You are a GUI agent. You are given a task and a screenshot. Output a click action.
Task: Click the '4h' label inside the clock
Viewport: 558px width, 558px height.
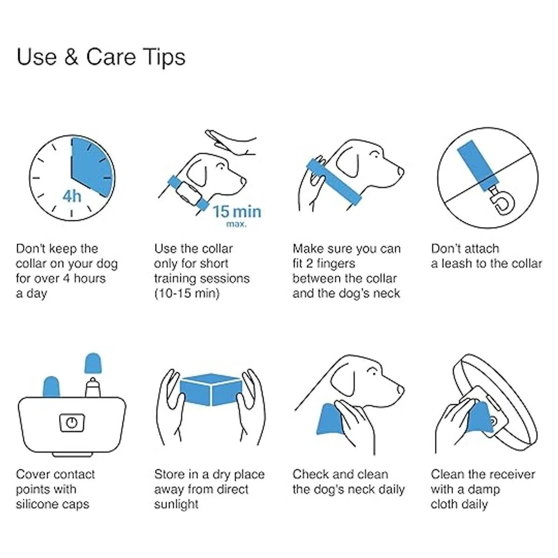pyautogui.click(x=72, y=196)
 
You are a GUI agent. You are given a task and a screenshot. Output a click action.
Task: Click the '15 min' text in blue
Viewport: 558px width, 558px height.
pyautogui.click(x=237, y=212)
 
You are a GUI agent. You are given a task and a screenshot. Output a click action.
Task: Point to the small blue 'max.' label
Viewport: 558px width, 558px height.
pyautogui.click(x=237, y=224)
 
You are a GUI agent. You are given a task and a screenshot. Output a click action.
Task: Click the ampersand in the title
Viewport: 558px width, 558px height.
pyautogui.click(x=71, y=57)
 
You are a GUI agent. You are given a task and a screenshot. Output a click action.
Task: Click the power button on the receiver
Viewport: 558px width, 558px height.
pyautogui.click(x=72, y=423)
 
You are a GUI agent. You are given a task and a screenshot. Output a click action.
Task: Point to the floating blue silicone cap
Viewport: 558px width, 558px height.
pyautogui.click(x=93, y=363)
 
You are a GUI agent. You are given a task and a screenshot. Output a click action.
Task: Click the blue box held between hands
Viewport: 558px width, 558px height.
pyautogui.click(x=211, y=390)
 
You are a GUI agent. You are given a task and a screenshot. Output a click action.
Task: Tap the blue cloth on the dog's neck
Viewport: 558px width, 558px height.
pyautogui.click(x=329, y=418)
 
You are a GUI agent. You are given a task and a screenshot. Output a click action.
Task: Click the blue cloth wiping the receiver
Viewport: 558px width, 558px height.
pyautogui.click(x=479, y=418)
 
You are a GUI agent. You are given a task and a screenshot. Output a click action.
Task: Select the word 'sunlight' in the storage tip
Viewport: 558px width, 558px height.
pyautogui.click(x=176, y=504)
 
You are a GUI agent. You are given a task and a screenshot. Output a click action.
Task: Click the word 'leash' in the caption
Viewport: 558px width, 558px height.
pyautogui.click(x=457, y=264)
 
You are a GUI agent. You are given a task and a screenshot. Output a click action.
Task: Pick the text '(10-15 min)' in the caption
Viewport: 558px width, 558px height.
pyautogui.click(x=187, y=293)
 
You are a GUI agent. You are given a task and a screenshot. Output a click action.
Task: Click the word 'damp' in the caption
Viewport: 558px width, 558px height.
pyautogui.click(x=483, y=490)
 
